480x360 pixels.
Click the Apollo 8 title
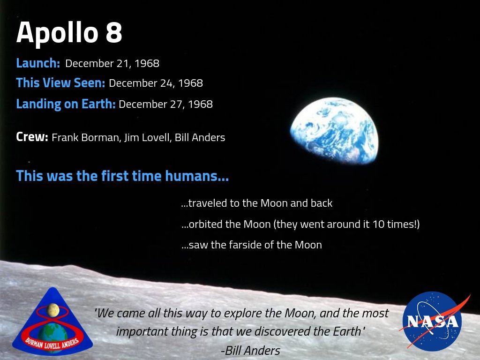pos(69,33)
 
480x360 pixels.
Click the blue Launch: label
pos(38,63)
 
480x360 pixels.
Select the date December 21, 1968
pos(112,63)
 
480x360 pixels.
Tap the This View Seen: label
pos(60,83)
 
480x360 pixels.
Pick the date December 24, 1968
pos(156,83)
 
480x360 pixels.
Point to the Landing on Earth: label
pos(66,104)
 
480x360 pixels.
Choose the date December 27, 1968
pos(165,104)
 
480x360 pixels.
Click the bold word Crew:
pos(32,137)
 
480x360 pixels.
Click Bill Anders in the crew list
pos(200,138)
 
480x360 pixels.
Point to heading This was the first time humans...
pos(122,176)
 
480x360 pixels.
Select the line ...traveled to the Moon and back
pos(256,203)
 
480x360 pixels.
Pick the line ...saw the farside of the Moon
pos(251,245)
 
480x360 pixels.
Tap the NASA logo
pos(432,322)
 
